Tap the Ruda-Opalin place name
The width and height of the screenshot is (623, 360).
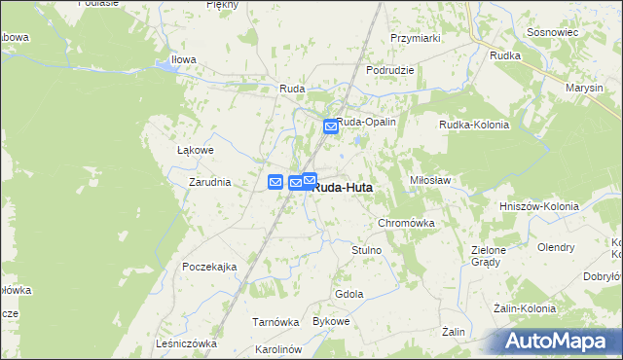[x=366, y=122]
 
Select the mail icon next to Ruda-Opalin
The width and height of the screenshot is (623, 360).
[x=331, y=126]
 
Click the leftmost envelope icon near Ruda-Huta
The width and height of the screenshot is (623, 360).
[x=275, y=181]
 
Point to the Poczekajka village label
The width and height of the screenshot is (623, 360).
[x=209, y=267]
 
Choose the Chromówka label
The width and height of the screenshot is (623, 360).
[x=405, y=223]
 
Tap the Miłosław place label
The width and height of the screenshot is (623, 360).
[x=434, y=181]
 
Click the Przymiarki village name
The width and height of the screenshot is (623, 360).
[x=416, y=38]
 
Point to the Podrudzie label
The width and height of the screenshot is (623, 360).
[x=390, y=70]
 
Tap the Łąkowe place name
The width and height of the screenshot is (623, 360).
[x=195, y=151]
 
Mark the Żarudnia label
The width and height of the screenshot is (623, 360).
[x=209, y=182]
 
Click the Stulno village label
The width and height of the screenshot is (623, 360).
[x=366, y=250]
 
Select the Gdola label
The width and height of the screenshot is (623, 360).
[x=348, y=294]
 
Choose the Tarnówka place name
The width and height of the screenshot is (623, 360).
[x=275, y=322]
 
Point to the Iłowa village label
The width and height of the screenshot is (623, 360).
[x=184, y=59]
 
